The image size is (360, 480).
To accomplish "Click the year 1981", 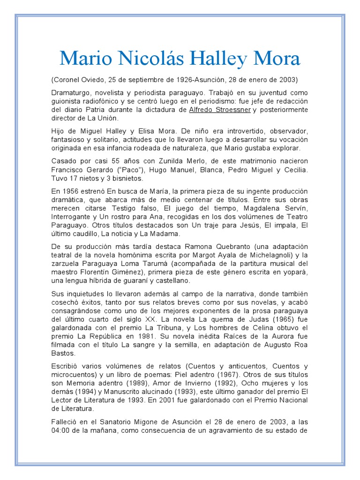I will click(x=155, y=336).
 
